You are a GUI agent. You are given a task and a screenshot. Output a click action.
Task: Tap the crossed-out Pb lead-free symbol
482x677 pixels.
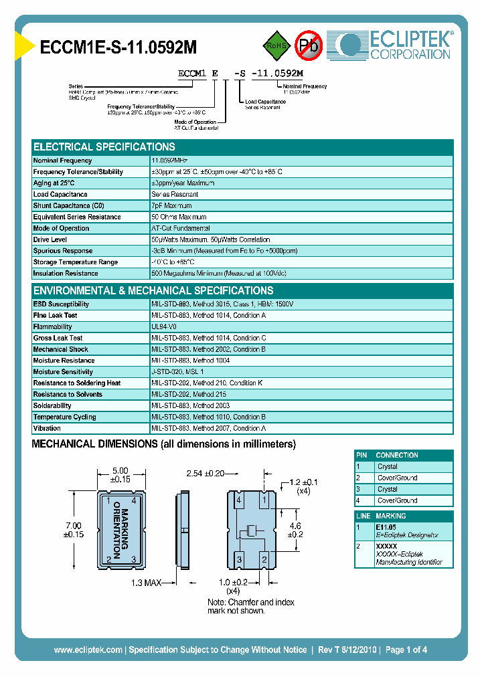coord(309,45)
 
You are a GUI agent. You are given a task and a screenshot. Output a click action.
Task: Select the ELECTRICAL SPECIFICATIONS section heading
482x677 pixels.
coord(104,147)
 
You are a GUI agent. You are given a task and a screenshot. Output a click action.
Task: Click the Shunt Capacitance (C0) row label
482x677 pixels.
coord(68,205)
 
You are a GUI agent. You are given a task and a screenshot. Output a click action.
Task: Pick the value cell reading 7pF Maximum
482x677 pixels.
coord(172,205)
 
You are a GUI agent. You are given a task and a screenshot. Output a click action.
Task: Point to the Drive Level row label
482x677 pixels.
coord(50,239)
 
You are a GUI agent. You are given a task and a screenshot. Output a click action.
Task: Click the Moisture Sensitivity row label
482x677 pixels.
coord(63,372)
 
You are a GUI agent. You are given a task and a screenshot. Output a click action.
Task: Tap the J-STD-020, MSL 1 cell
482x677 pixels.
coord(177,372)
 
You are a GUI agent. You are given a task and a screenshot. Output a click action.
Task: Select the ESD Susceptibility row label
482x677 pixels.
coord(61,304)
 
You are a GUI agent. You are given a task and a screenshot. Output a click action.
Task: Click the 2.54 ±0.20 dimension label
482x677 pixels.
coord(206,474)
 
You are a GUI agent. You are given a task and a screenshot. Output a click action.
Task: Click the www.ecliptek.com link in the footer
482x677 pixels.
coord(88,650)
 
